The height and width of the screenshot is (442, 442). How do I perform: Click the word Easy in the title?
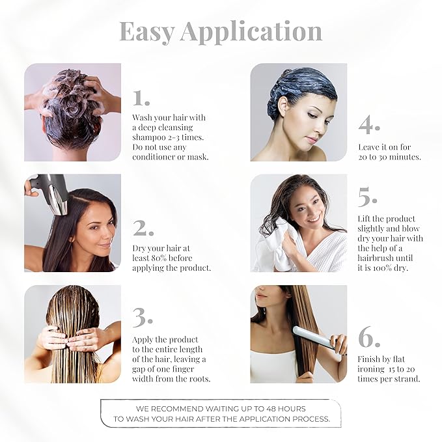click(146, 31)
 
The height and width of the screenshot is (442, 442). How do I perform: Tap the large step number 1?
click(141, 98)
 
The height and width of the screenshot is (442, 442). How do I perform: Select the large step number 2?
click(143, 228)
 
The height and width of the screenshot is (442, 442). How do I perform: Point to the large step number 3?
click(143, 317)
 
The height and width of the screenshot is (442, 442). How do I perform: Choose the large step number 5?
click(368, 196)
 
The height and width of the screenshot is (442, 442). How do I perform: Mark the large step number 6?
click(368, 339)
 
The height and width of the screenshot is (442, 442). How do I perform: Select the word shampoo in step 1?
click(150, 137)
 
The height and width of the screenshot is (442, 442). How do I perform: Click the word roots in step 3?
click(197, 379)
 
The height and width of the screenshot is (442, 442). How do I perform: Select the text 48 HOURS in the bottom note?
click(281, 408)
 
